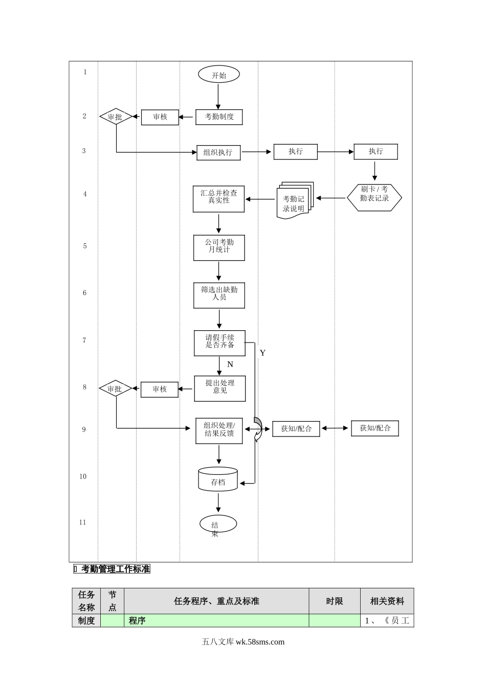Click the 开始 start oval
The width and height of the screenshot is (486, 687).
[x=219, y=75]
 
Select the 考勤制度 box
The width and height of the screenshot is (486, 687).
[x=219, y=117]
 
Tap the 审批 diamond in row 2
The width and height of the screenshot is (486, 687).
[x=115, y=117]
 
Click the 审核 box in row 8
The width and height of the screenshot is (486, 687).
[x=160, y=390]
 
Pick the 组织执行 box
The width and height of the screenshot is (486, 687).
[x=218, y=152]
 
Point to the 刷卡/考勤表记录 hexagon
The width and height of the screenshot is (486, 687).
[x=374, y=197]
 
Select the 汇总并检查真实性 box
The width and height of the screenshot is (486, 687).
[x=218, y=198]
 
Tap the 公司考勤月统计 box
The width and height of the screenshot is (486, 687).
[x=219, y=247]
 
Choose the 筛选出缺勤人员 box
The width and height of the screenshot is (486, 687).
[x=219, y=295]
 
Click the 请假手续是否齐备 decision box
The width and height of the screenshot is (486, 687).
[x=219, y=342]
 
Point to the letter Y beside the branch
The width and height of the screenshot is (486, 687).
[x=262, y=353]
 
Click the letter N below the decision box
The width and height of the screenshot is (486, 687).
[x=230, y=364]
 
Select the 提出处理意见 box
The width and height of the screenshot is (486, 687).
[x=220, y=388]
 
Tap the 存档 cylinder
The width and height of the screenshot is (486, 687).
[x=218, y=480]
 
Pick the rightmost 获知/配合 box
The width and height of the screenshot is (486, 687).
[x=375, y=428]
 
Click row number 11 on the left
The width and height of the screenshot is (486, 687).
[x=83, y=522]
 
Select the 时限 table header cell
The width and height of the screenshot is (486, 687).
[x=335, y=601]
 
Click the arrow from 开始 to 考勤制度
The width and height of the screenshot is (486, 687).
[x=218, y=96]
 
